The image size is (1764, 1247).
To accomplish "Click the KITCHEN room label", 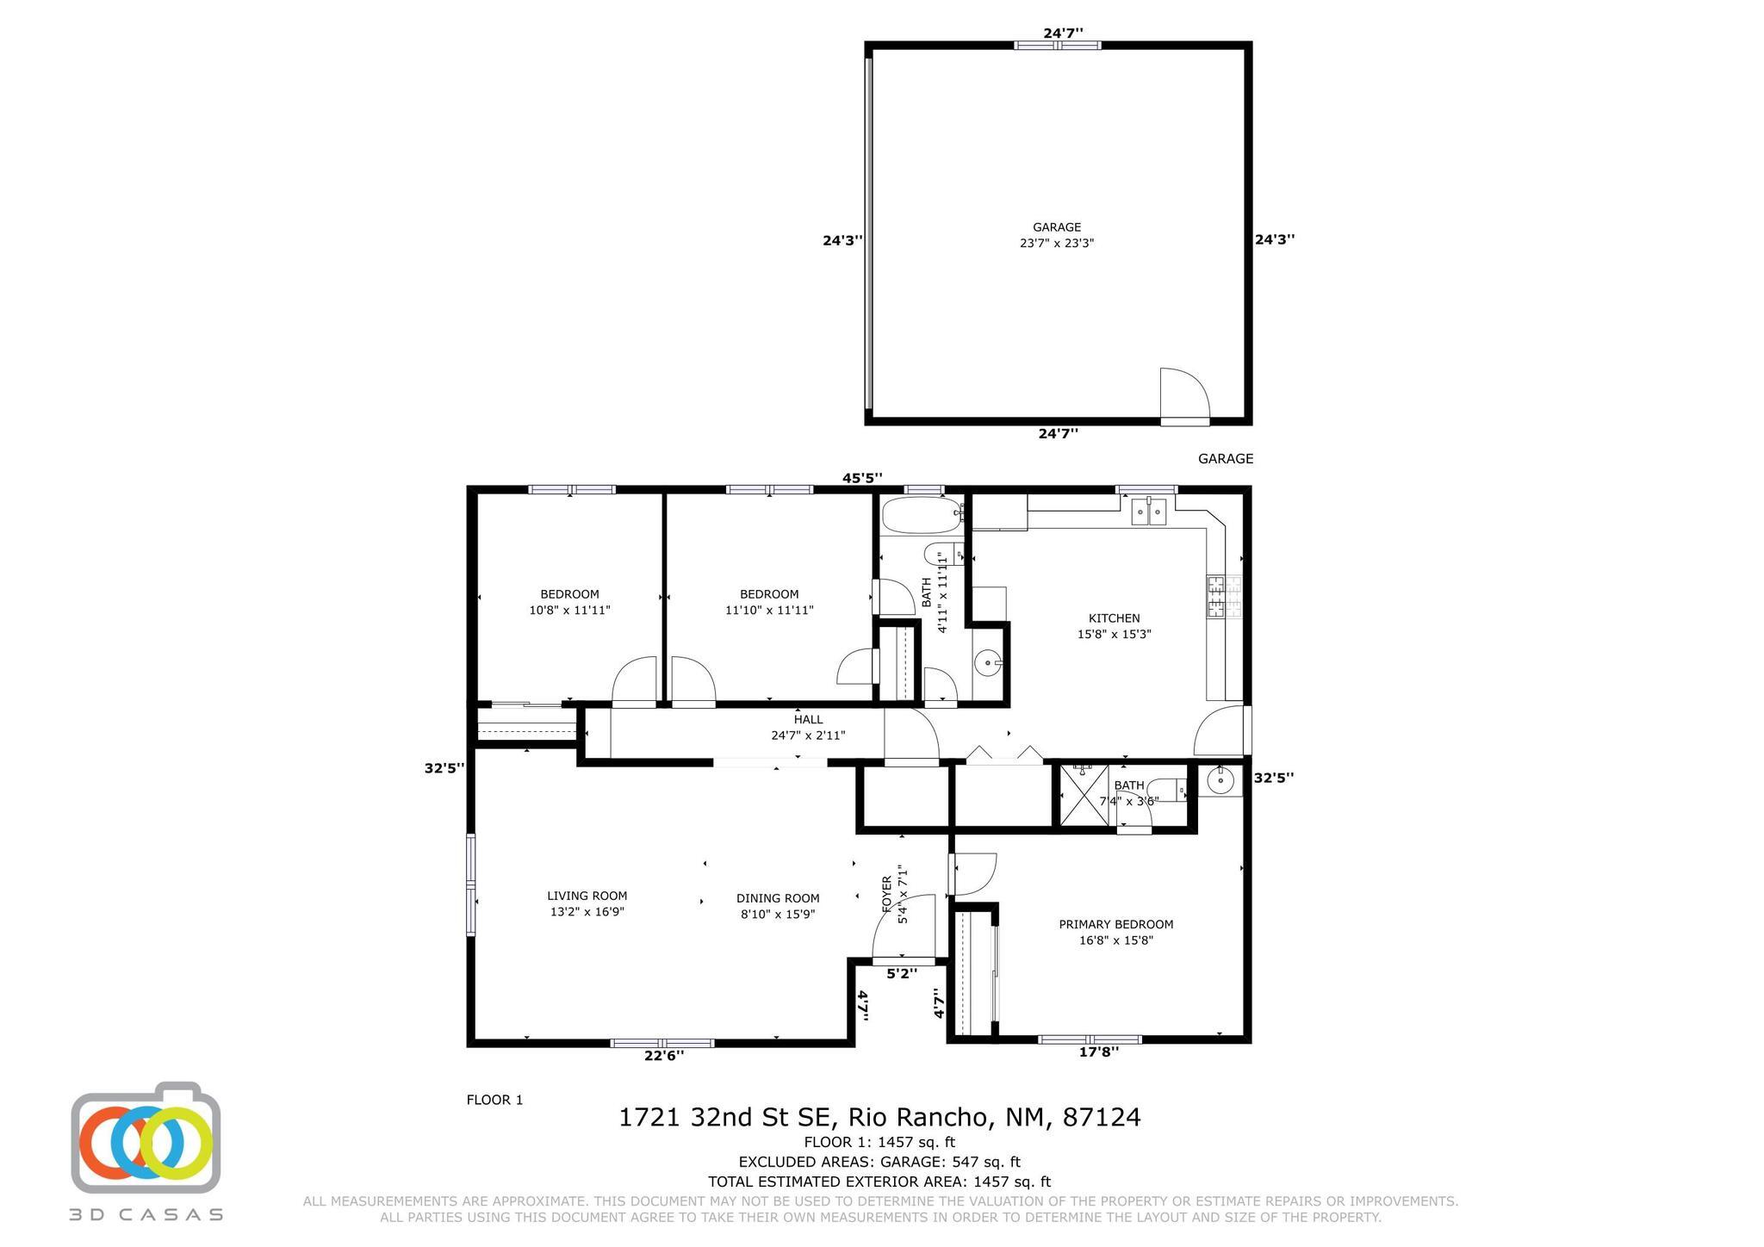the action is (x=1114, y=618).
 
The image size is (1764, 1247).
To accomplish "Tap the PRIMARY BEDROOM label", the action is (x=1115, y=925).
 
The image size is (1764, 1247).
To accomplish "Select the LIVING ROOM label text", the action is (x=587, y=896).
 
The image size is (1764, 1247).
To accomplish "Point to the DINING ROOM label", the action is (x=778, y=898).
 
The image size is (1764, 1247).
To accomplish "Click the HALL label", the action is (x=808, y=720).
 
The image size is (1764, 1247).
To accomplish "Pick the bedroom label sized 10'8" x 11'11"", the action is (x=569, y=602).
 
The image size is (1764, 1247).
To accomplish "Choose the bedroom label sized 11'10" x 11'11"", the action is (x=769, y=602).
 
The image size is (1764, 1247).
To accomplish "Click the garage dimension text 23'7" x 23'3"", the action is (x=1057, y=243).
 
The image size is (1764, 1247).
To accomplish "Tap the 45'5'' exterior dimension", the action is (x=862, y=478).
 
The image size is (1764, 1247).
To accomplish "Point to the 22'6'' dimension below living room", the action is (x=664, y=1055).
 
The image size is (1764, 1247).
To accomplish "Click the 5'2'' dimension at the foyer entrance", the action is (x=902, y=973).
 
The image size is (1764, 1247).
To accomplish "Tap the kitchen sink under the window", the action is (x=1149, y=512).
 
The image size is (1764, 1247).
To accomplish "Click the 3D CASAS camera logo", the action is (x=146, y=1137).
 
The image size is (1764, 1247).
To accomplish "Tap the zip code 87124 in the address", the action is (x=1102, y=1117).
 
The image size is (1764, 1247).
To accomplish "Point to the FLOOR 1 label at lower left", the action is (x=494, y=1100).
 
